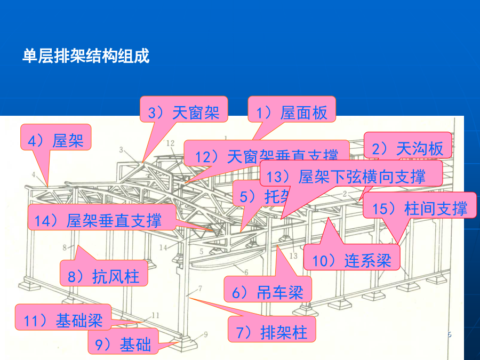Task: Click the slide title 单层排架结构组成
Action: click(x=85, y=56)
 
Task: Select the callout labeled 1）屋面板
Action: click(x=291, y=113)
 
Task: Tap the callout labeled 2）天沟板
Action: click(x=407, y=149)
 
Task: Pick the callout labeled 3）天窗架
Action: click(x=183, y=113)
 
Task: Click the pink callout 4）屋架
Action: click(x=55, y=140)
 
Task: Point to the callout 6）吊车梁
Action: click(x=267, y=292)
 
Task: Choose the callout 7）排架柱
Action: click(x=271, y=332)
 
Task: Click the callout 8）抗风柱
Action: click(x=103, y=276)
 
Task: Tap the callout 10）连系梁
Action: click(x=351, y=260)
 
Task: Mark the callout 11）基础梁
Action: click(x=63, y=320)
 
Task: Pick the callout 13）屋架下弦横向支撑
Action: click(x=351, y=177)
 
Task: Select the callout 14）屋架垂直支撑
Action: click(x=101, y=220)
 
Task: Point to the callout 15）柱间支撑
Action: click(x=419, y=208)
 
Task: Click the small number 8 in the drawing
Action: click(x=64, y=247)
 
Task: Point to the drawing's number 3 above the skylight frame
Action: click(x=121, y=149)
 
